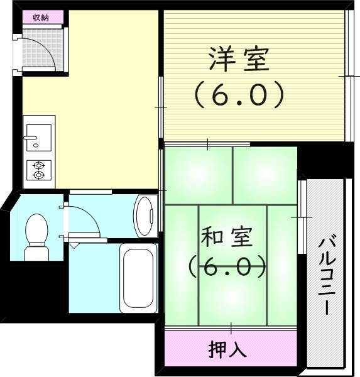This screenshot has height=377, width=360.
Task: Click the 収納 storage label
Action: tap(40, 17)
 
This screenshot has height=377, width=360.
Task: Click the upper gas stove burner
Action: tap(39, 165)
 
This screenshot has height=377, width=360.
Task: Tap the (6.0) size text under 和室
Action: tap(227, 268)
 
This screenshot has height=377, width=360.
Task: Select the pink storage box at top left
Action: tap(40, 17)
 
